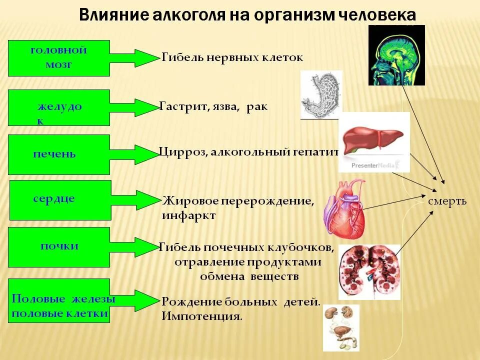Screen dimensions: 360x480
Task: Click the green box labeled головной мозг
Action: [58, 58]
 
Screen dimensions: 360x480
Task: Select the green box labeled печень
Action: [58, 154]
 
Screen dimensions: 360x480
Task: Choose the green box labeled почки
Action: [58, 247]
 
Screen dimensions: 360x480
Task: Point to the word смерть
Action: [447, 201]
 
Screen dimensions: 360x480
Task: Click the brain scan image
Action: [396, 55]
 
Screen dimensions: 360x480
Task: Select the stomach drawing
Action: [321, 95]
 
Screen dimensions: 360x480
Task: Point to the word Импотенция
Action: [201, 316]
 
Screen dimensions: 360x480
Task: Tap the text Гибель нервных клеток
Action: [232, 57]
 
